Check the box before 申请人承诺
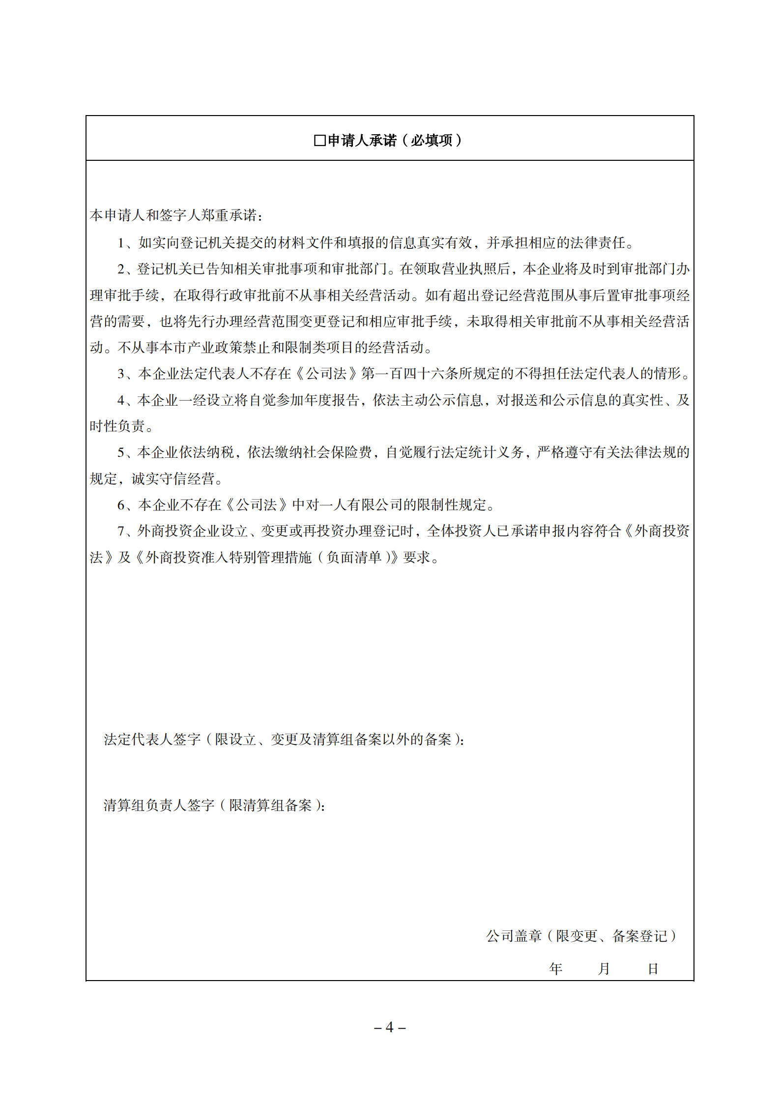[x=319, y=141]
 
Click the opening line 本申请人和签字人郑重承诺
[x=176, y=215]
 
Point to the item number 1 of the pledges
[x=121, y=243]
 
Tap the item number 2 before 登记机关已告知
[x=121, y=269]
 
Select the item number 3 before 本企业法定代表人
[x=121, y=374]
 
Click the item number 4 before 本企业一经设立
[x=121, y=400]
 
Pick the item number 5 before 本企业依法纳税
[x=121, y=452]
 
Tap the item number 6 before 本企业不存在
[x=121, y=505]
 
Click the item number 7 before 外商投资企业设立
[x=121, y=531]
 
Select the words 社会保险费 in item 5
[x=345, y=452]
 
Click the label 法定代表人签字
[x=152, y=739]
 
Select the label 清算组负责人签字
[x=159, y=805]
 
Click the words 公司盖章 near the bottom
[x=514, y=936]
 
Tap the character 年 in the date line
[x=556, y=969]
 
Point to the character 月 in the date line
[x=604, y=969]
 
